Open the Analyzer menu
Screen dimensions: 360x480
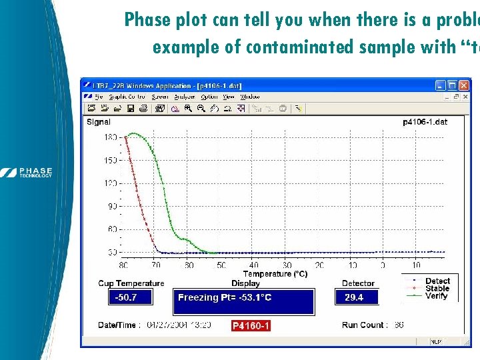(x=183, y=97)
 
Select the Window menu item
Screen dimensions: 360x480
(x=250, y=97)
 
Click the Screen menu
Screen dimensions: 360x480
(x=159, y=97)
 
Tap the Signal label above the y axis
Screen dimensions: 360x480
(x=99, y=122)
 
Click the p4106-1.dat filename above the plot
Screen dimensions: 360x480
(x=425, y=122)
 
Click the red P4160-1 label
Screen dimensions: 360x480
(x=251, y=326)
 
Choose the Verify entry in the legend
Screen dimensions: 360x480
(x=437, y=296)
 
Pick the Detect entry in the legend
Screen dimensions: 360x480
(x=437, y=281)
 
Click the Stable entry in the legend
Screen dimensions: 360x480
(x=437, y=289)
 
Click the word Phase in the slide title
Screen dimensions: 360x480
(x=148, y=21)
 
